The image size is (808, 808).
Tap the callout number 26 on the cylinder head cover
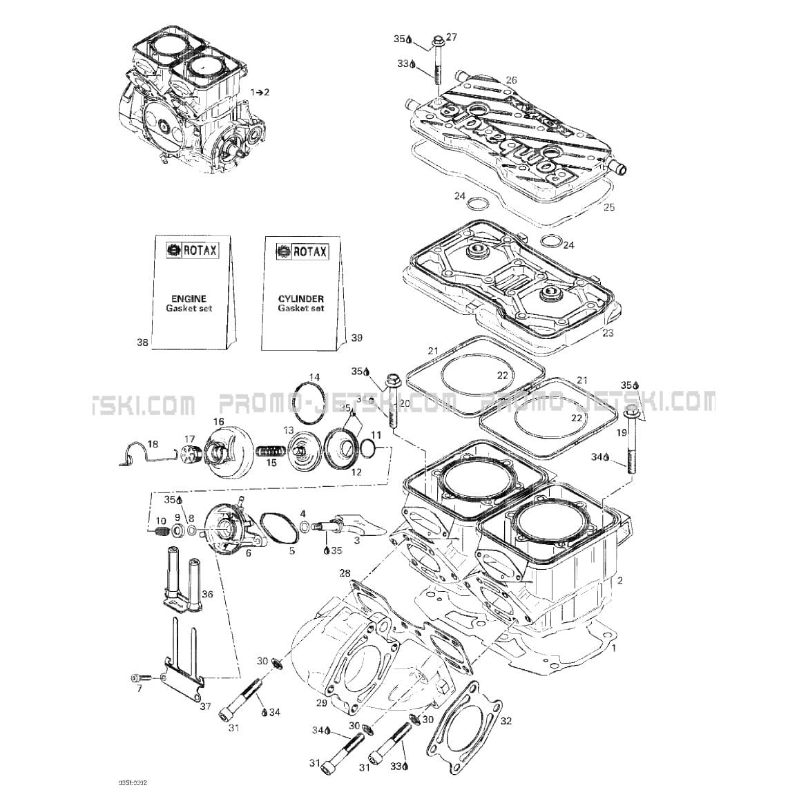click(511, 80)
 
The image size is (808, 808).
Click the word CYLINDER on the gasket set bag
click(301, 298)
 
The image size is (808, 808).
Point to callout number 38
click(142, 342)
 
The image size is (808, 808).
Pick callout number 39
click(356, 338)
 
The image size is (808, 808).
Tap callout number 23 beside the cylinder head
click(607, 333)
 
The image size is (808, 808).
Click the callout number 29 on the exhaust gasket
click(321, 702)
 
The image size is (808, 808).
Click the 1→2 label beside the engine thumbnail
click(260, 91)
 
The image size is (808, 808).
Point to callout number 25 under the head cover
click(608, 206)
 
